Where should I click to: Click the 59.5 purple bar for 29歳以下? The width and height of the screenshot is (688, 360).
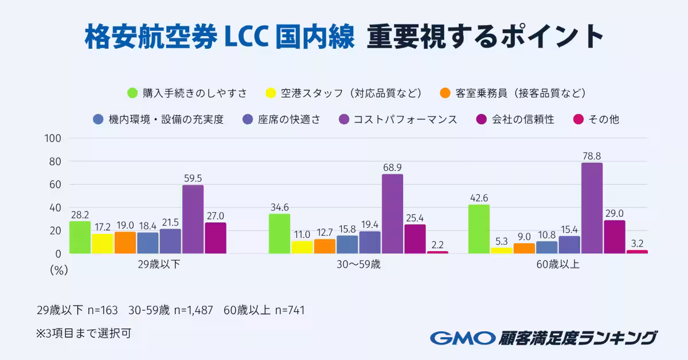pos(193,219)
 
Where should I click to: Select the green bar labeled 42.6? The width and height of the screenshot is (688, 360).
pos(479,229)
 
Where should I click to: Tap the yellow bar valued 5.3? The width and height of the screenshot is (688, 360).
pos(501,251)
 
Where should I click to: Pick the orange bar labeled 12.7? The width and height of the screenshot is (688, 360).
pos(325,246)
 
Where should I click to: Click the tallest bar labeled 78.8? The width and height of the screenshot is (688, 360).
pos(592,208)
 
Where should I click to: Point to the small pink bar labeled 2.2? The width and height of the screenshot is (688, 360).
pos(437,252)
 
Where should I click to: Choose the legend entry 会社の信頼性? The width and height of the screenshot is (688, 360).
pos(522,120)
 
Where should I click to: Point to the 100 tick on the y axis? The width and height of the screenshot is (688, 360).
pos(53,139)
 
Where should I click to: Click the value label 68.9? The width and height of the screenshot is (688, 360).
pos(393,167)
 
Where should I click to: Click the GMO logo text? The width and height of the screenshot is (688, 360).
pos(462,338)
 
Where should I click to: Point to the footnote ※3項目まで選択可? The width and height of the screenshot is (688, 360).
pos(84,333)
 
